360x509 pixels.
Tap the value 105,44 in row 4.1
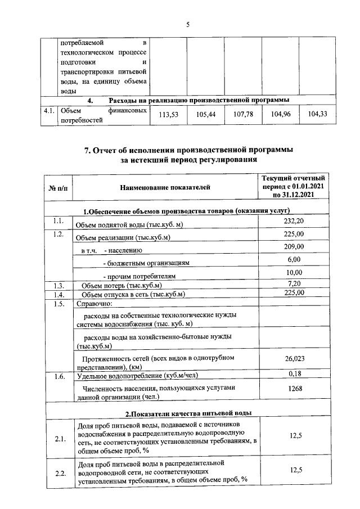coord(205,115)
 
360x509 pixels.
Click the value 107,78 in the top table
coord(243,115)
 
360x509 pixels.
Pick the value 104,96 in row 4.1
coord(280,115)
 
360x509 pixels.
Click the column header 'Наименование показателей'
coord(165,186)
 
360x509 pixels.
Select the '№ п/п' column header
coord(58,186)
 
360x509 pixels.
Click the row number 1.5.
coord(57,304)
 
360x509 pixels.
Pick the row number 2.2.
coord(58,472)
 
